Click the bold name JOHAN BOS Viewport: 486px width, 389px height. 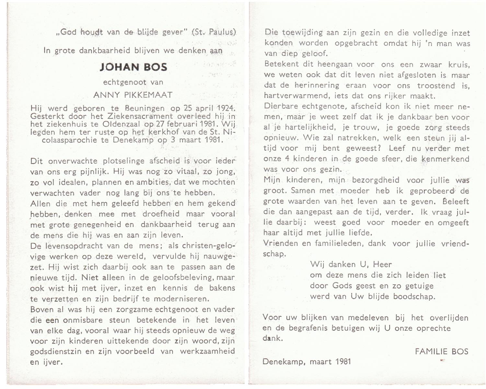(x=133, y=67)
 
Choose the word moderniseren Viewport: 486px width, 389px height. (x=181, y=299)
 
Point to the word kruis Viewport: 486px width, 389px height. (x=458, y=65)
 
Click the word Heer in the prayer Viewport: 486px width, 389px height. (x=382, y=264)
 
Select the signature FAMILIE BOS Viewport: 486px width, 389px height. (x=442, y=351)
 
